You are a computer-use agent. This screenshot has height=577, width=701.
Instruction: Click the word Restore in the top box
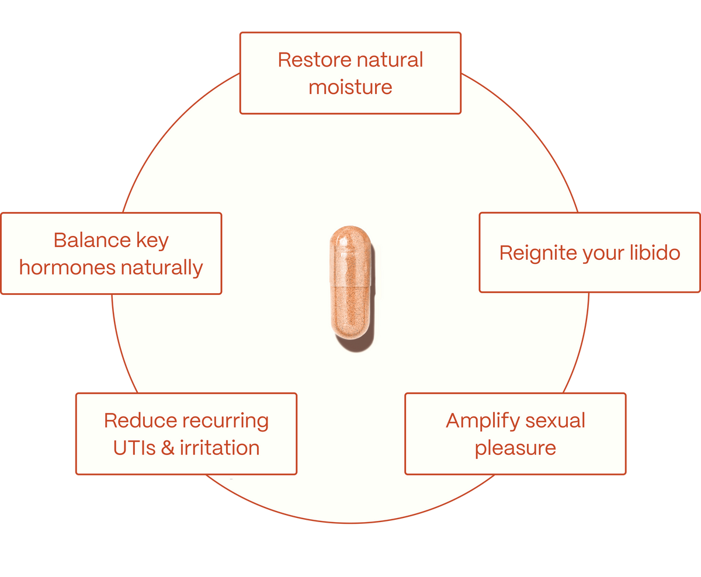pyautogui.click(x=314, y=60)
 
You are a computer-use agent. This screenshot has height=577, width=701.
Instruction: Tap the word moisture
pyautogui.click(x=350, y=88)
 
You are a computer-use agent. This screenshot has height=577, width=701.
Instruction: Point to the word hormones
pyautogui.click(x=67, y=268)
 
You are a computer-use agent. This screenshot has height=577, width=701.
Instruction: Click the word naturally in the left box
pyautogui.click(x=162, y=268)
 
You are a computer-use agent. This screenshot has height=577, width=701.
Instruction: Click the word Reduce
pyautogui.click(x=140, y=420)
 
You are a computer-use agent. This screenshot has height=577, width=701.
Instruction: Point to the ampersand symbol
pyautogui.click(x=168, y=448)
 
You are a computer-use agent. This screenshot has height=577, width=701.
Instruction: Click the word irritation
pyautogui.click(x=220, y=448)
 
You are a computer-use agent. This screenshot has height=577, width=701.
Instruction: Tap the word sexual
pyautogui.click(x=555, y=420)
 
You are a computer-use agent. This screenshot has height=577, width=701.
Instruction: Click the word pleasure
pyautogui.click(x=515, y=449)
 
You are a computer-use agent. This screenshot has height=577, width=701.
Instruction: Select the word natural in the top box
pyautogui.click(x=390, y=60)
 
